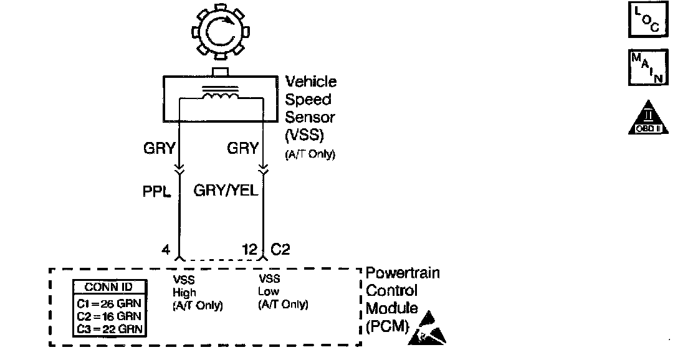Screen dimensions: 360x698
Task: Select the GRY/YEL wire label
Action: point(226,190)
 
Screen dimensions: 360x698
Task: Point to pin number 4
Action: point(165,250)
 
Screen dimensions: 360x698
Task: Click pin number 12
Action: point(250,250)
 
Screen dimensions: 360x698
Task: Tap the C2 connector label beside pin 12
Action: point(280,250)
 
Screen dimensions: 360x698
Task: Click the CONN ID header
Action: point(109,288)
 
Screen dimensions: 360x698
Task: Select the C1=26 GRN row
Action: point(109,303)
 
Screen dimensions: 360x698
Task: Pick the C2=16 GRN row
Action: point(109,316)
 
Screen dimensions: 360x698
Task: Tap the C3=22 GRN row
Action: point(109,328)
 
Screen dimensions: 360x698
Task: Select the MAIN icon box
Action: point(648,67)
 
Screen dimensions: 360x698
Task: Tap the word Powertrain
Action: point(403,273)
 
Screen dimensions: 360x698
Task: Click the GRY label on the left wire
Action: point(159,148)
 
